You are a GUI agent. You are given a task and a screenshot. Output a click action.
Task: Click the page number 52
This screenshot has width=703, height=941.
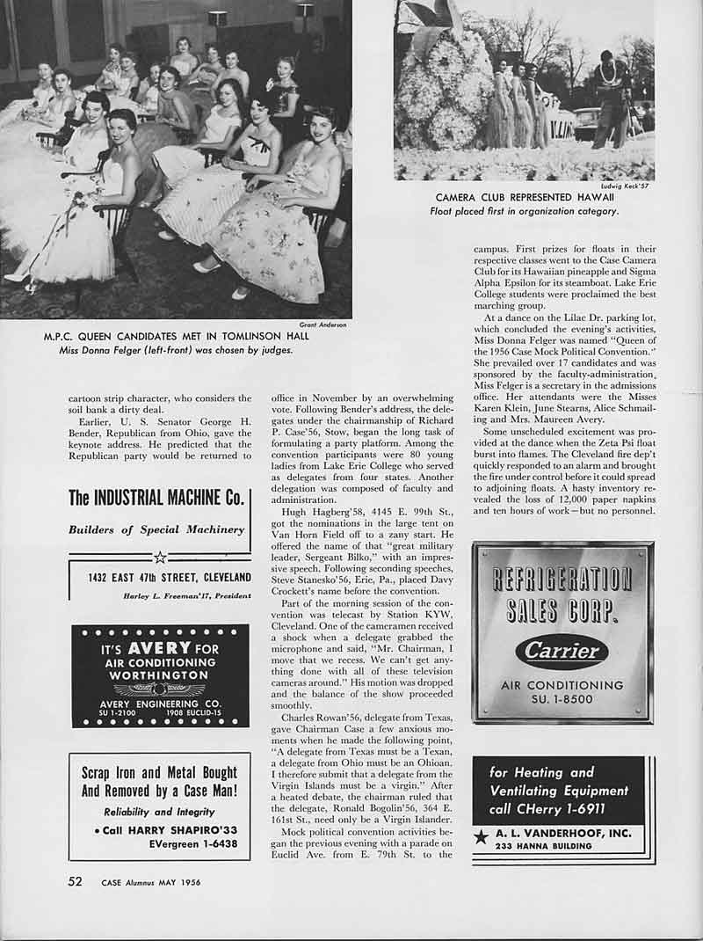76,881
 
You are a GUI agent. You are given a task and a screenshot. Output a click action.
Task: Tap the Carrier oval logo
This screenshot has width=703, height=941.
562,652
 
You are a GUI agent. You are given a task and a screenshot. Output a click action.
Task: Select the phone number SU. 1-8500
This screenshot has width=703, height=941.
562,700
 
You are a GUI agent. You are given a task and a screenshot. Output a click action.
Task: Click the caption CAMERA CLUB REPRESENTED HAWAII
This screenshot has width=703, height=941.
537,197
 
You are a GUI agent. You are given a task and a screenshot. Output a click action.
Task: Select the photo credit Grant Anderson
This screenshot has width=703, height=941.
323,325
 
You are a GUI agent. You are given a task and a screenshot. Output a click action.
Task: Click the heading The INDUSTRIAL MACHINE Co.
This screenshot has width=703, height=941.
156,498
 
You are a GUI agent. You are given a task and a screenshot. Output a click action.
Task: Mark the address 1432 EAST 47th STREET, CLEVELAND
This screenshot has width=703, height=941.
169,578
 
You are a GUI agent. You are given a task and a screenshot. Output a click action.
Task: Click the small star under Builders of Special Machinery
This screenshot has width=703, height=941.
159,556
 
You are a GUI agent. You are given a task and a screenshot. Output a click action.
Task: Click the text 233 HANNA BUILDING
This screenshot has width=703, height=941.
533,846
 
